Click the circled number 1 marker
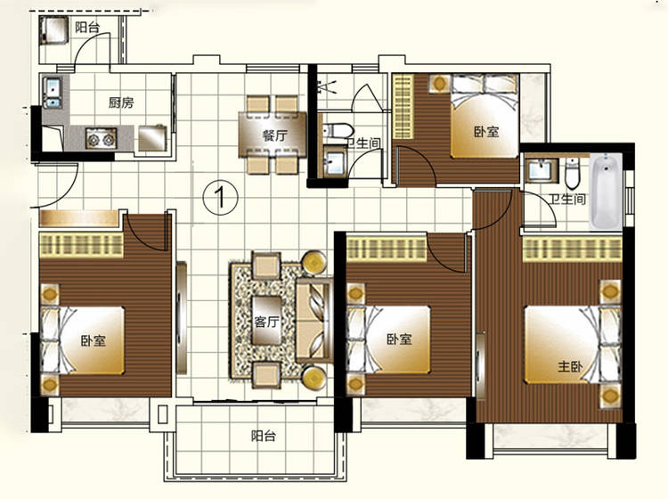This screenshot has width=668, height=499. coord(220,197)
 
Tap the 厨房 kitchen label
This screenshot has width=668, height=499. coord(121,102)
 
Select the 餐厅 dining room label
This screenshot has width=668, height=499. coord(275,135)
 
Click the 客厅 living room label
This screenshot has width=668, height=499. coord(266,322)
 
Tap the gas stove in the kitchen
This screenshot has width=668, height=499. coord(101,138)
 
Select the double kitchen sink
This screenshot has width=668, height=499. coord(53,92)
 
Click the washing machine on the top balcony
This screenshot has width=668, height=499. coord(54,29)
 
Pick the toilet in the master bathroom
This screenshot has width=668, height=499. coord(572,173)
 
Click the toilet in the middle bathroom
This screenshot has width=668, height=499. coord(337,130)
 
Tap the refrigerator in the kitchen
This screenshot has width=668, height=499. coord(152,137)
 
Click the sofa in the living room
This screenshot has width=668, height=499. coord(314,321)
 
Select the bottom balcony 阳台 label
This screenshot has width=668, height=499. coord(263,436)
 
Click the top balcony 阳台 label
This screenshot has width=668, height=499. coord(87,28)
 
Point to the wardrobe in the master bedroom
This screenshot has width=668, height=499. coord(572,250)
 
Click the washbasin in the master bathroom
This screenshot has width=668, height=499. coord(541,170)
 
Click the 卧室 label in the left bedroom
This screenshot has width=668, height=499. coord(94,340)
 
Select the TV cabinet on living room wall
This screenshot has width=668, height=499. coord(182,318)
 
